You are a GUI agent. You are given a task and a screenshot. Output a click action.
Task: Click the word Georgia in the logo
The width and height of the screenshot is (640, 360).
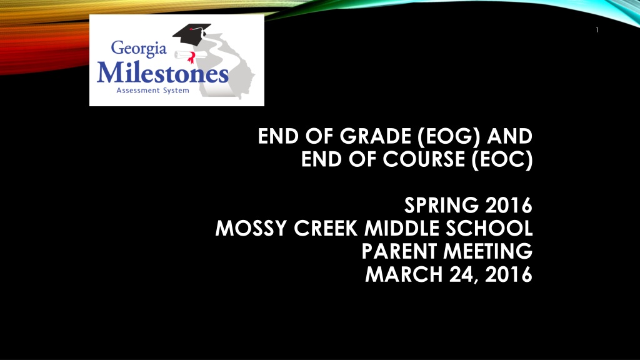tap(139, 49)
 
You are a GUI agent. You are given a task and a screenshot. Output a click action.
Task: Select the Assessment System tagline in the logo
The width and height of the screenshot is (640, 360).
tap(152, 90)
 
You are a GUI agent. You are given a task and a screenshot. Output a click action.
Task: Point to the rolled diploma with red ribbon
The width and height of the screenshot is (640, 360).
tap(185, 56)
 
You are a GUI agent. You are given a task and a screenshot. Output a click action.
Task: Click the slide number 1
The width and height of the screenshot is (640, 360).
tap(597, 30)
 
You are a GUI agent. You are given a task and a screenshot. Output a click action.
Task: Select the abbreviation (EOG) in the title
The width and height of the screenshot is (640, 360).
tap(449, 136)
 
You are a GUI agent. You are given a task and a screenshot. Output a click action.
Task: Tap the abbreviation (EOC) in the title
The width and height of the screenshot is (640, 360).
tap(502, 159)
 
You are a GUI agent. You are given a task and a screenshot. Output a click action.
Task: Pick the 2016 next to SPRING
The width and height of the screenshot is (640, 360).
tap(509, 205)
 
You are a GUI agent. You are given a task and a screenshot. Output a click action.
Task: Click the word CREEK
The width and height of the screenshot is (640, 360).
tap(326, 227)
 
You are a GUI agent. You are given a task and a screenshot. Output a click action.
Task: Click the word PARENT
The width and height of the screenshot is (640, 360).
tap(399, 251)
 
